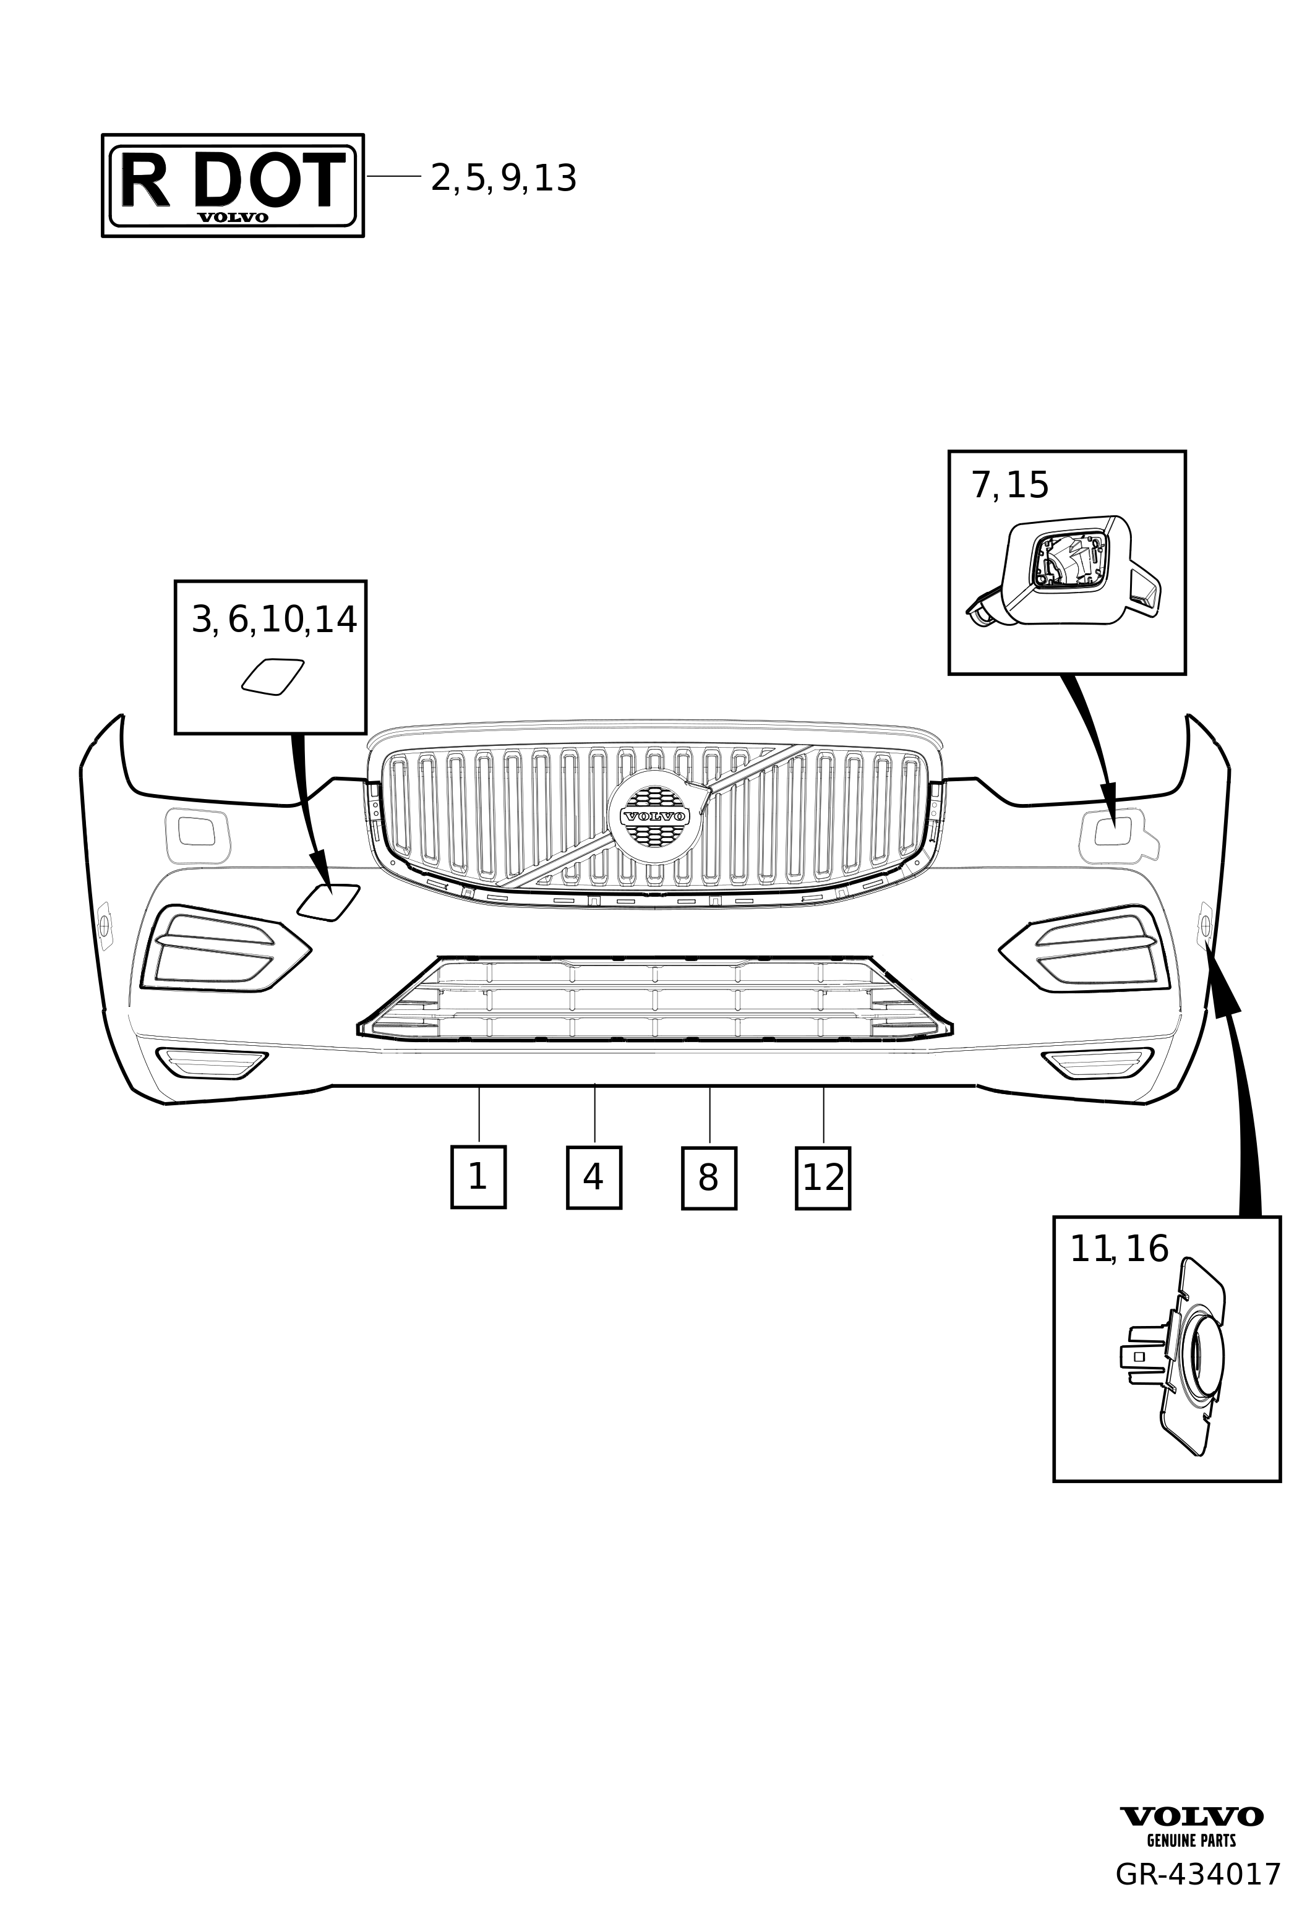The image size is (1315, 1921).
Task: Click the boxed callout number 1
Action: tap(478, 1177)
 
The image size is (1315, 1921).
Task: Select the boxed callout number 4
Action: tap(593, 1177)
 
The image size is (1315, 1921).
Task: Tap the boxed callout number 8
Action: tap(708, 1178)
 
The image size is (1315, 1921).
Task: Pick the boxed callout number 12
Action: tap(823, 1178)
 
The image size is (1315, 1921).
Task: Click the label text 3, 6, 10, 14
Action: tap(273, 620)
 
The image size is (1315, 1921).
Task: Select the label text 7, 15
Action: tap(1009, 486)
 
